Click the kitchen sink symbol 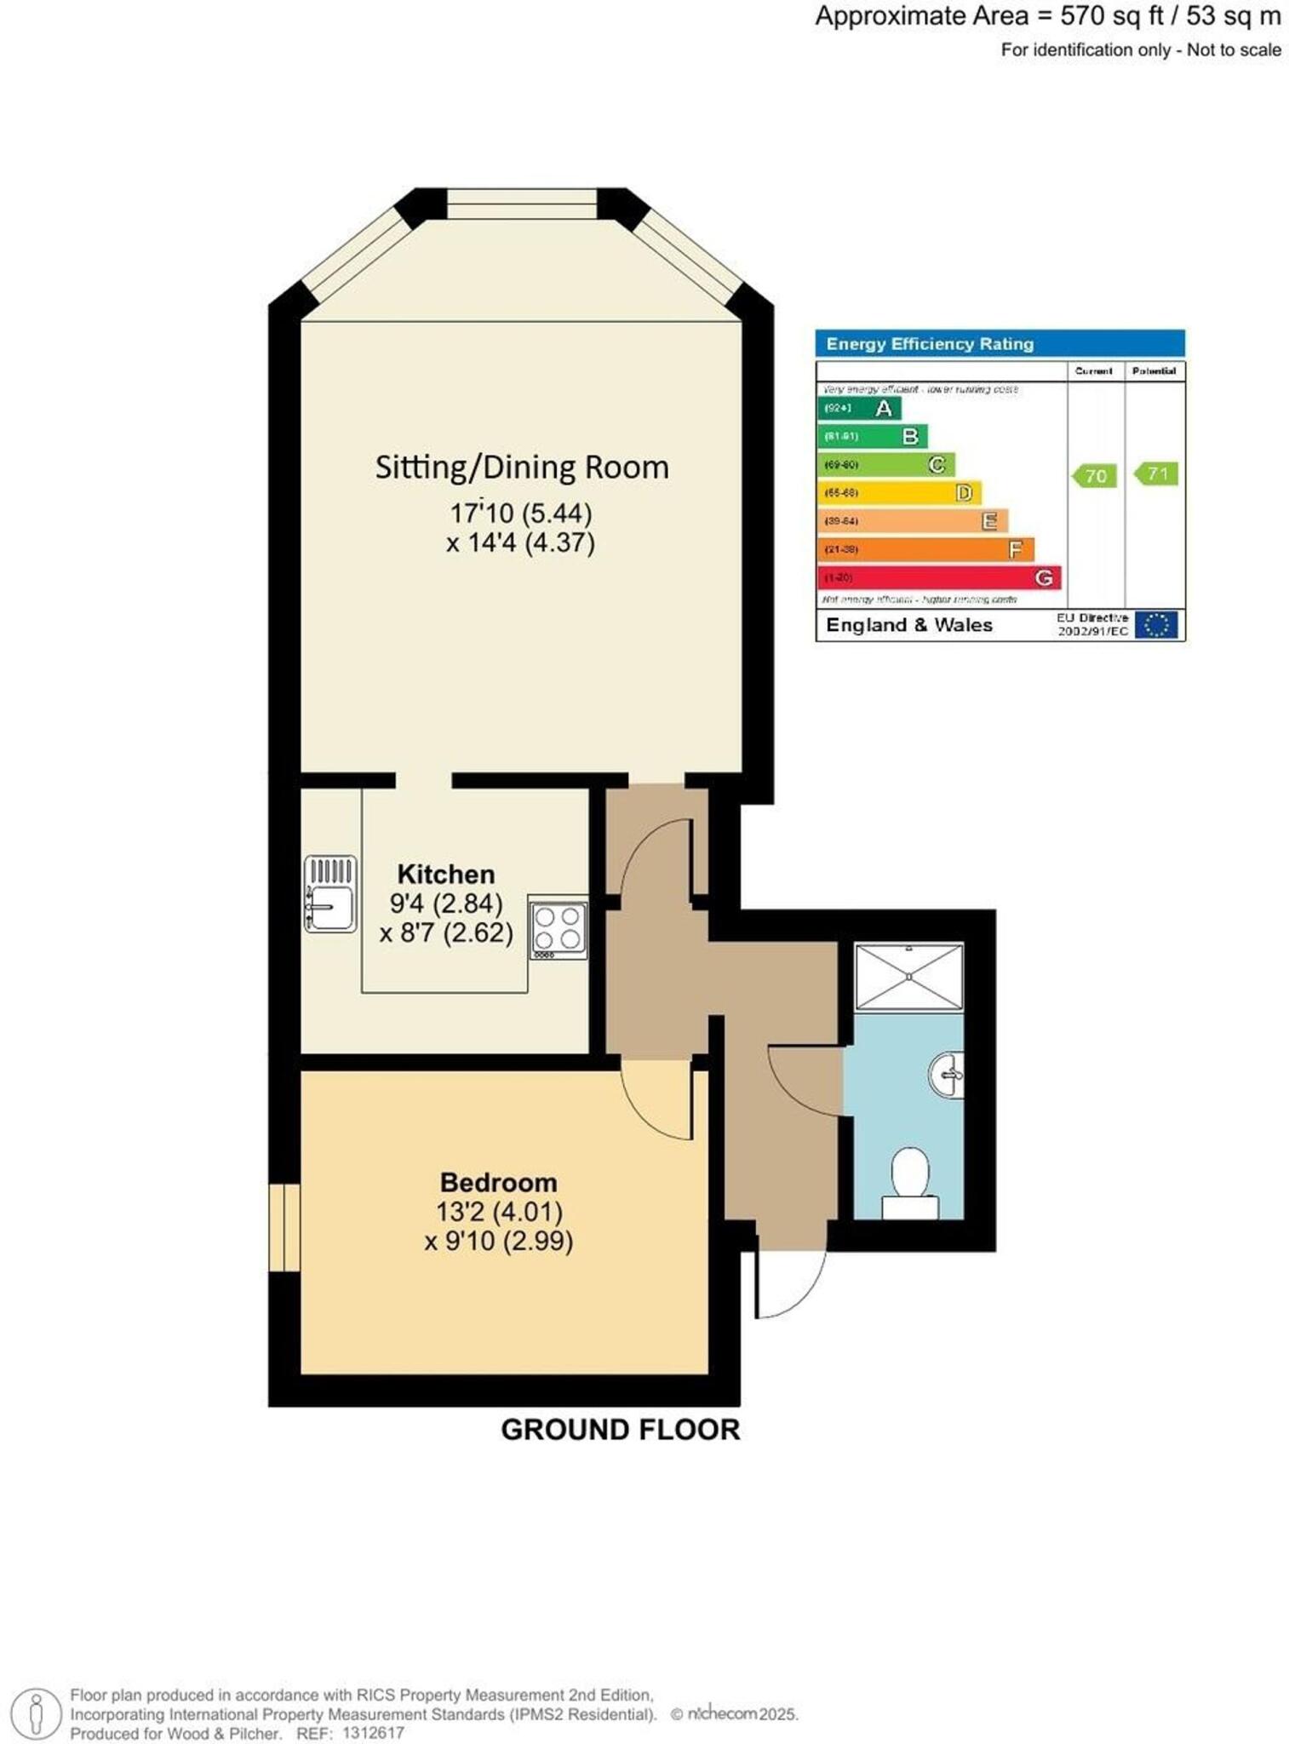click(x=330, y=894)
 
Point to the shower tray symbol click(x=908, y=976)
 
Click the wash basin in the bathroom click(x=947, y=1076)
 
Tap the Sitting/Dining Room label click(x=522, y=468)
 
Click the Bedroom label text click(x=498, y=1182)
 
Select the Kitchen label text click(x=445, y=875)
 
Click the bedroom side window click(x=284, y=1227)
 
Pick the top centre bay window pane click(x=522, y=204)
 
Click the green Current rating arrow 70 click(x=1094, y=475)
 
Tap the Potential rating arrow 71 click(x=1156, y=473)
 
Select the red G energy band click(x=939, y=577)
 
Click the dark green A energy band click(x=859, y=408)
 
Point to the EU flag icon click(x=1156, y=625)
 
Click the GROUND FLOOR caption click(x=620, y=1429)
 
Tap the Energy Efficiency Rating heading click(x=930, y=344)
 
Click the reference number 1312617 click(x=373, y=1733)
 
